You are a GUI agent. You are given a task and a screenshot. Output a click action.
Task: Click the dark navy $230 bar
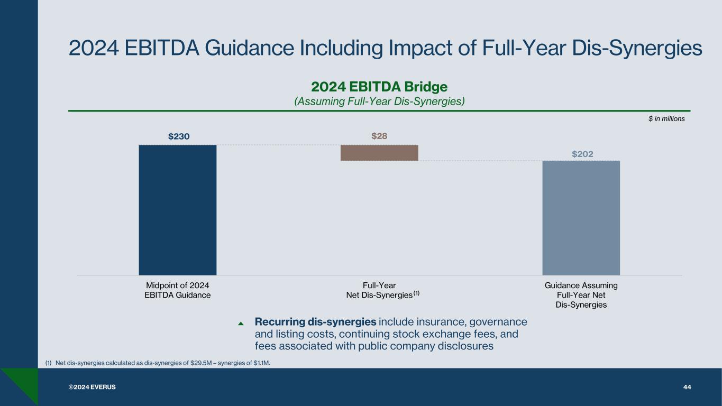178,209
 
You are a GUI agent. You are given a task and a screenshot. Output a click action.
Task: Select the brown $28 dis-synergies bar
379,153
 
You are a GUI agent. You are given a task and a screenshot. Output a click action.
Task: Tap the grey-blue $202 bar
581,217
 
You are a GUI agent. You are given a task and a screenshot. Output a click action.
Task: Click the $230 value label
179,136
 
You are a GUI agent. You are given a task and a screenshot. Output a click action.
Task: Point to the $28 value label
379,136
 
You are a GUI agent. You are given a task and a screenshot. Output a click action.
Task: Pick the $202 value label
582,154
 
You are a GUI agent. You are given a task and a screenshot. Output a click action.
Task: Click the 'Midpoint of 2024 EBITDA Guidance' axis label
178,290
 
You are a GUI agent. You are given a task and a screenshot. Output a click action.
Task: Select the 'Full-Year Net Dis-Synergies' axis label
379,290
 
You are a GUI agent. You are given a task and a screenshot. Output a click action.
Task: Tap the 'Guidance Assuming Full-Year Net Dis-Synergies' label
581,295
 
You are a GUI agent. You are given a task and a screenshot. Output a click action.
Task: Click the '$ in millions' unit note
666,119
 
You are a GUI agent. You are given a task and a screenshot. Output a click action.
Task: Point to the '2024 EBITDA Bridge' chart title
379,86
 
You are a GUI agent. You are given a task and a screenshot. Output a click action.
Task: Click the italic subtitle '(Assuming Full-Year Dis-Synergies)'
379,101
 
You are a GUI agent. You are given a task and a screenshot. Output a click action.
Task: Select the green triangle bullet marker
241,323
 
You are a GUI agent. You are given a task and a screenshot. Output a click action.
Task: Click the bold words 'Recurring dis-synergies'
315,322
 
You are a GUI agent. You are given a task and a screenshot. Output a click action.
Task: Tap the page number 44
687,387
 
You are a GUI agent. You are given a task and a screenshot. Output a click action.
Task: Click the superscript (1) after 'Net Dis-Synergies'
416,293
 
